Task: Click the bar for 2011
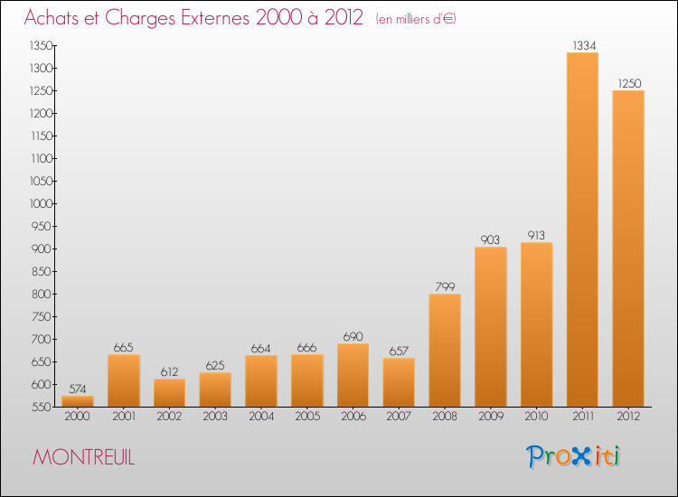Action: pos(582,230)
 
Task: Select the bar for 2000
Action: pos(78,401)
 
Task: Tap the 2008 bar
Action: pos(445,350)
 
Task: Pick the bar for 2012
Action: pos(628,248)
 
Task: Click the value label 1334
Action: pos(584,45)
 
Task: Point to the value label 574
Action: pos(78,389)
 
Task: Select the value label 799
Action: pos(445,286)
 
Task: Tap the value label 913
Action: pos(536,235)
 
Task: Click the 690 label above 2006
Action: pos(353,336)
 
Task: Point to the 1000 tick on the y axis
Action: pos(41,203)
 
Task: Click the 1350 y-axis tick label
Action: pos(41,45)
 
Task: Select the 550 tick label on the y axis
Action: pos(42,407)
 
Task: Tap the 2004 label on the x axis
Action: pos(261,416)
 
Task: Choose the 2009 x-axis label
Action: pos(491,416)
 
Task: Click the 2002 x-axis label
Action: pos(169,416)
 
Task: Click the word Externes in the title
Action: pos(215,17)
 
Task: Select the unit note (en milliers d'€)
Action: pos(416,19)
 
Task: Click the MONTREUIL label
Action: pos(84,457)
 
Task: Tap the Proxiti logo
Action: pos(573,456)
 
